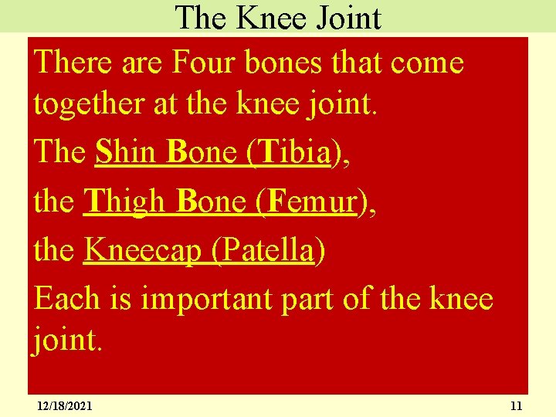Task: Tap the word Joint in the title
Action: pyautogui.click(x=344, y=18)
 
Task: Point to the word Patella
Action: pyautogui.click(x=265, y=250)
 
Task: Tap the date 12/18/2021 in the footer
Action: pyautogui.click(x=65, y=405)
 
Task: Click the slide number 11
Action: pyautogui.click(x=517, y=405)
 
